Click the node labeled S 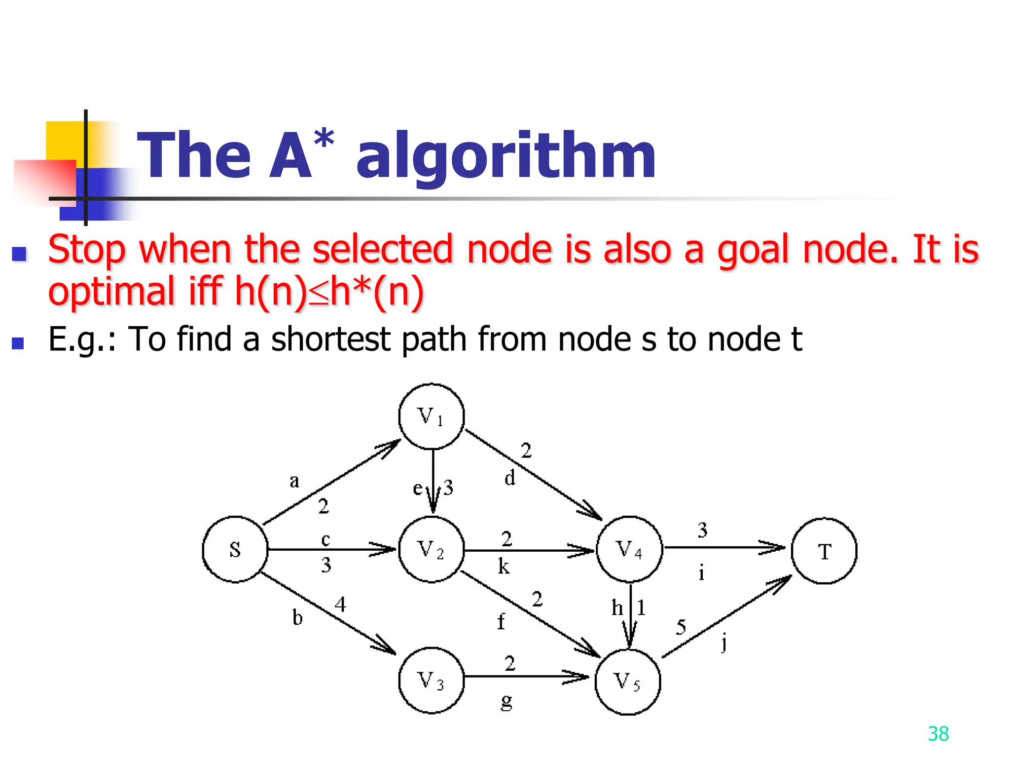235,549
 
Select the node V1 432,417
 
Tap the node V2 432,549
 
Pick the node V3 432,681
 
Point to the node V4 629,549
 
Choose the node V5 628,682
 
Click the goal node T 824,551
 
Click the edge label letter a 294,480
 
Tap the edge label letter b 297,617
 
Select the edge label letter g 506,701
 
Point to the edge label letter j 723,643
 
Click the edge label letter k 504,567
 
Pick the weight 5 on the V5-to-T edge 681,627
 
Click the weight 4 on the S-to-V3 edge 340,604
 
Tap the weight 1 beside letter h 641,607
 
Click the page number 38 938,734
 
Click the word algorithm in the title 506,156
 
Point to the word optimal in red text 111,291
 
